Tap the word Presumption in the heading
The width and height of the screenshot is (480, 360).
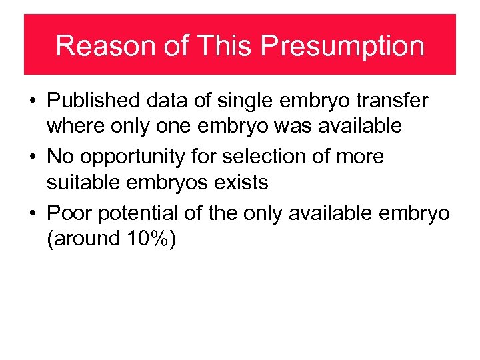(x=342, y=45)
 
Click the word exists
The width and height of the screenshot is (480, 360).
(x=241, y=181)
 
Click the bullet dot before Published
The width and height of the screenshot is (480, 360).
(x=32, y=101)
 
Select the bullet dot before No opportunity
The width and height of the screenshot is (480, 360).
(x=32, y=157)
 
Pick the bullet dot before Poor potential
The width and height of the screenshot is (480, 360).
(x=32, y=213)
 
